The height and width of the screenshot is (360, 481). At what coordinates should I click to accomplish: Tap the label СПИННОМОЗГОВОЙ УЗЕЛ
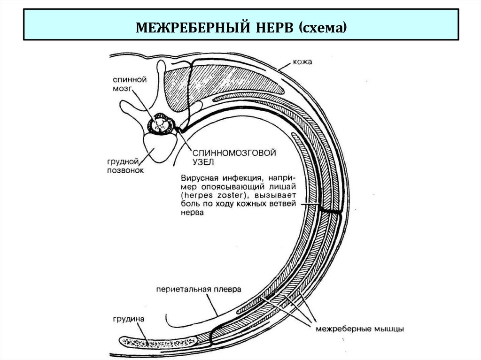[226, 157]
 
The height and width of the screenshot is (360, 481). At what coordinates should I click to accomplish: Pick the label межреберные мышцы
[360, 329]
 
